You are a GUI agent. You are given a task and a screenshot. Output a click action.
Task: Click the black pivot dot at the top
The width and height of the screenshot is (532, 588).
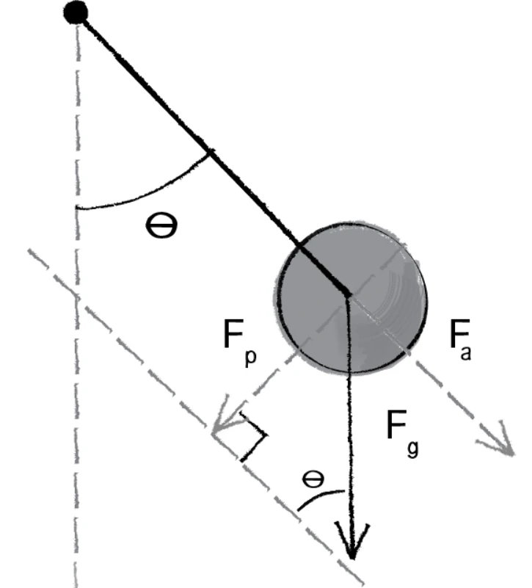click(x=76, y=12)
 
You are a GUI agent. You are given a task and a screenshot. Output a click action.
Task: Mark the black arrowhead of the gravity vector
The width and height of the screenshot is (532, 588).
click(x=351, y=540)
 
